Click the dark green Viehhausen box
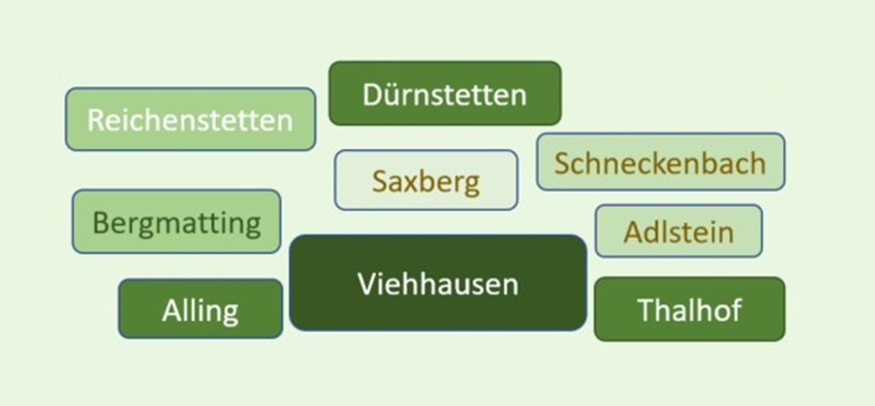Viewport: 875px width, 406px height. [x=438, y=283]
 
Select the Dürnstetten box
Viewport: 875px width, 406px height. [x=445, y=93]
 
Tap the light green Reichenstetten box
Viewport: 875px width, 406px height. [x=190, y=119]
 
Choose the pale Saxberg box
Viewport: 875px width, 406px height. [x=427, y=181]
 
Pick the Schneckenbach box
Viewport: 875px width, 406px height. [x=661, y=161]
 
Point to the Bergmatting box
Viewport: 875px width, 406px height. [x=176, y=222]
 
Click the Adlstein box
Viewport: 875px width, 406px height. [x=679, y=231]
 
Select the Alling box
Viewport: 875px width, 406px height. [x=200, y=309]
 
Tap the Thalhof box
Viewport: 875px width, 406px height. [x=689, y=309]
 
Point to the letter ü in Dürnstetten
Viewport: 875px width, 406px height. [x=390, y=95]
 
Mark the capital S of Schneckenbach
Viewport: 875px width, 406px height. [x=562, y=163]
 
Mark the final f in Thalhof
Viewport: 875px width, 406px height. [x=736, y=309]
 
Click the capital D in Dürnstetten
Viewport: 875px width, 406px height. [x=372, y=96]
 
